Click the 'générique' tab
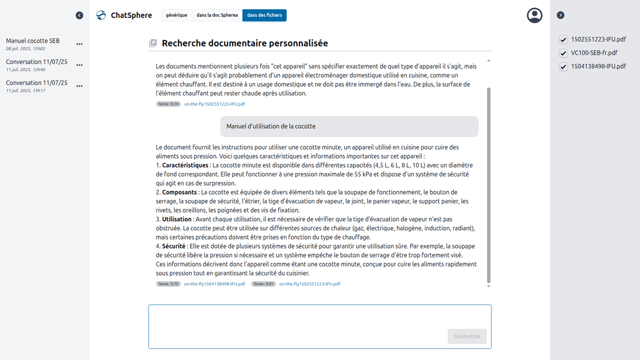[x=176, y=15]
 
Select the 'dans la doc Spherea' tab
[x=217, y=15]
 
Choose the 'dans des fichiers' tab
[x=264, y=15]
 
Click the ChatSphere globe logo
[x=101, y=15]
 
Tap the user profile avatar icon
[x=534, y=15]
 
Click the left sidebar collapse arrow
[x=79, y=15]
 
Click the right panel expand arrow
[x=560, y=15]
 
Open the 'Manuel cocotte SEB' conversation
[x=33, y=41]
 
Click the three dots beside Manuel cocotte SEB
[x=79, y=44]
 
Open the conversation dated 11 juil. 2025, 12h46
[x=37, y=62]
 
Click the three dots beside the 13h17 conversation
[x=79, y=86]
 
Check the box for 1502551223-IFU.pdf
[x=563, y=40]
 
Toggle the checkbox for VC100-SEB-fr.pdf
[x=563, y=53]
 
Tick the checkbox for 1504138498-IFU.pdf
[x=563, y=67]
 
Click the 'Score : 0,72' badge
[x=168, y=284]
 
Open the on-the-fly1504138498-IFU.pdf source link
[x=214, y=284]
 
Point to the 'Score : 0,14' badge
[x=168, y=104]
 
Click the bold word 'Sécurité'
[x=174, y=246]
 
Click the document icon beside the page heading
[x=153, y=43]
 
